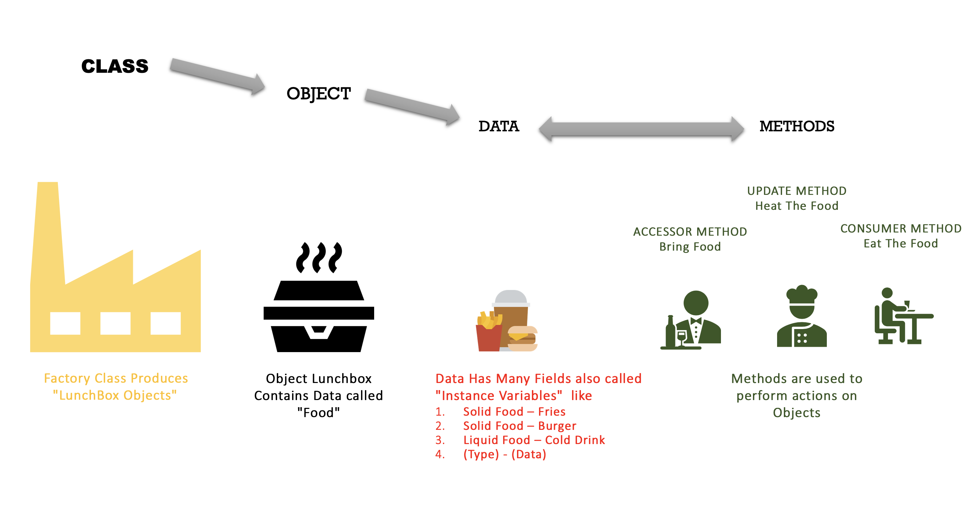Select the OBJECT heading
click(x=318, y=93)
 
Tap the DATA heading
click(x=499, y=126)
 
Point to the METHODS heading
click(x=796, y=126)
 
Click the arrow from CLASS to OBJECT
click(x=216, y=76)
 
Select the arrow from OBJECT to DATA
click(x=411, y=106)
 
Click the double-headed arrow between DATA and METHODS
click(x=641, y=129)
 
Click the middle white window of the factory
click(x=115, y=323)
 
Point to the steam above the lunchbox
click(x=319, y=257)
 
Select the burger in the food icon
click(x=522, y=339)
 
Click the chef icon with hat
click(x=801, y=317)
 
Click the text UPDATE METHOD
click(x=796, y=191)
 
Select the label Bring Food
click(x=690, y=246)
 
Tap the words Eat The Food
click(x=900, y=243)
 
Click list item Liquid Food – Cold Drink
click(x=534, y=440)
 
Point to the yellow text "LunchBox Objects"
click(x=115, y=395)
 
